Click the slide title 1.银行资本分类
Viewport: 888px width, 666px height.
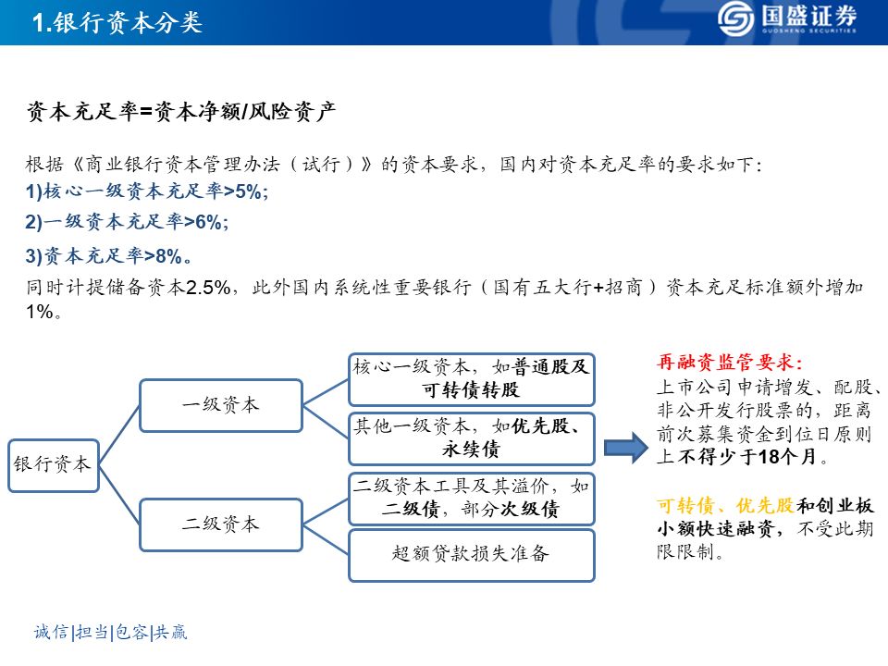coord(117,23)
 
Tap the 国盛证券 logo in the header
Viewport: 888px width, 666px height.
coord(787,20)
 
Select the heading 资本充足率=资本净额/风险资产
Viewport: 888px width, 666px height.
coord(180,113)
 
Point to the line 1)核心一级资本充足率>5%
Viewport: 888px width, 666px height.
coord(147,191)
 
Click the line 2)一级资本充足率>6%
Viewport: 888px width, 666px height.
coord(127,221)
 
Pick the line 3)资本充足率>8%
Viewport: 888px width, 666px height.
coord(110,255)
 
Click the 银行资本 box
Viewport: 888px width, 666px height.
coord(53,464)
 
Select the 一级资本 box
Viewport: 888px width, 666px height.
coord(220,405)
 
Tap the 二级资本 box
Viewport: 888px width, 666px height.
coord(220,524)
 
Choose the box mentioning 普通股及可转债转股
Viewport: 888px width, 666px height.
coord(471,378)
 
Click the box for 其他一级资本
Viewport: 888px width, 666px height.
coord(471,438)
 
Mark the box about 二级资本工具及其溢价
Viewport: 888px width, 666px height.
coord(471,498)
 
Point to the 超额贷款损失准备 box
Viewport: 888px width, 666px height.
coord(471,555)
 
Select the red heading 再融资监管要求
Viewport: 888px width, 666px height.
coord(729,363)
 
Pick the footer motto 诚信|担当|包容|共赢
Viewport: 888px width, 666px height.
coord(110,632)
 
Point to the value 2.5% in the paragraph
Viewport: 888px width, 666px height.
coord(207,288)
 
